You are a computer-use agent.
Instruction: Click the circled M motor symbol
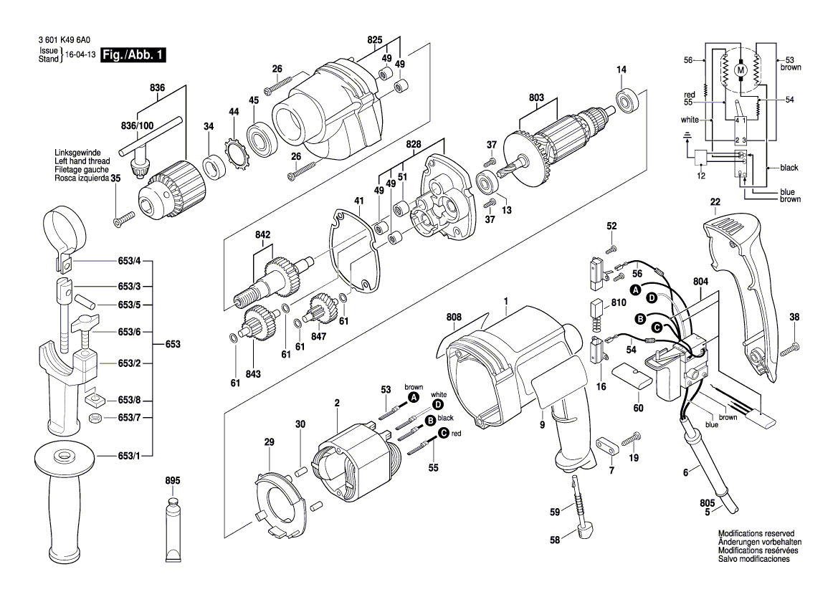pos(741,69)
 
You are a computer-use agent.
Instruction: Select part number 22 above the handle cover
pos(715,203)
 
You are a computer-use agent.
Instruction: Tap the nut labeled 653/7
pos(94,418)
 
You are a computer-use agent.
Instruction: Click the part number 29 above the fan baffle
pos(269,443)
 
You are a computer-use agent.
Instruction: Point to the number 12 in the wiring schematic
pos(700,176)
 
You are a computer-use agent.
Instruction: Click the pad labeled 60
pos(631,376)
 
